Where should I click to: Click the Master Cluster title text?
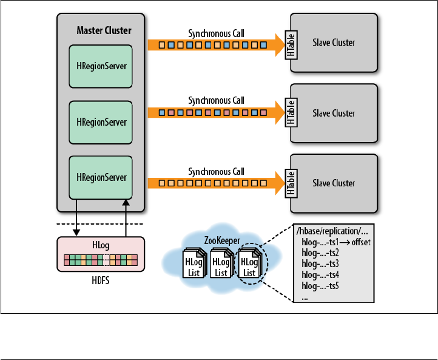click(x=104, y=30)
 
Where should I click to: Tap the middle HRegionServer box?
click(x=101, y=121)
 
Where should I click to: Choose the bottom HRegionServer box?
click(x=101, y=177)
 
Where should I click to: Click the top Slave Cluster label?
click(x=334, y=43)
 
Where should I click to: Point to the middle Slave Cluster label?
click(x=334, y=114)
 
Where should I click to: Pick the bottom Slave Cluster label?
click(x=334, y=183)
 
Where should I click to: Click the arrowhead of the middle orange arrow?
click(x=278, y=113)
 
